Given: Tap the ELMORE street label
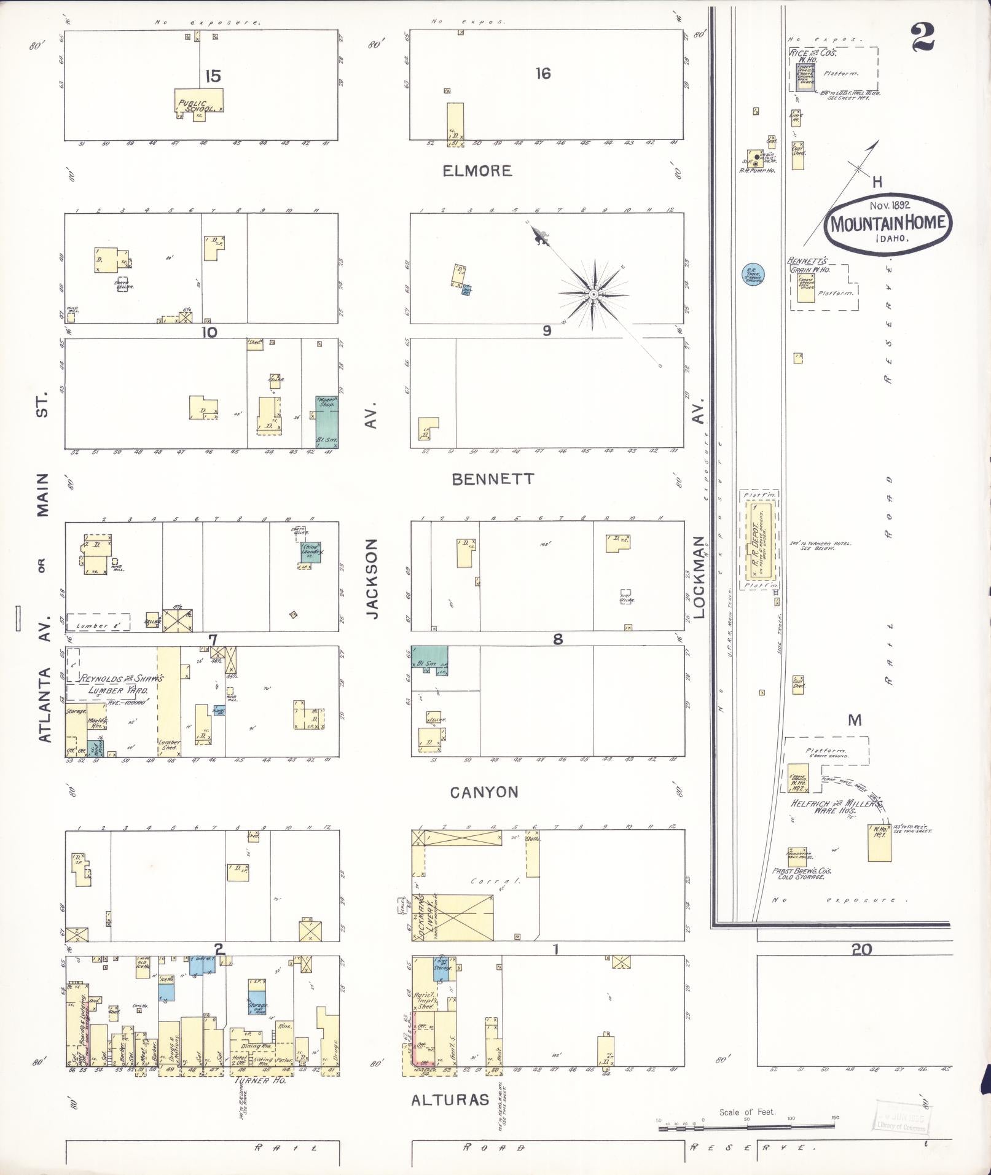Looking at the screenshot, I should tap(477, 171).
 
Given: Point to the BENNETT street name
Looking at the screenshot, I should tap(493, 479).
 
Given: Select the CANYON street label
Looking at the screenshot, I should tap(484, 792).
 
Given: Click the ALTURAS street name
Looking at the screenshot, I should tap(450, 1100).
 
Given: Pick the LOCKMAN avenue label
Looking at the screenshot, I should tap(699, 576).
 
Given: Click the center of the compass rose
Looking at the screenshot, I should tap(593, 295).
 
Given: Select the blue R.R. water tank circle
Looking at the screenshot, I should tap(751, 274).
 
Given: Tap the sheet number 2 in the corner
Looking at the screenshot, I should tap(923, 37).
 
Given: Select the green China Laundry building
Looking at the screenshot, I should tap(311, 552).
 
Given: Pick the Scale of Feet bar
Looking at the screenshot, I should tap(747, 1126).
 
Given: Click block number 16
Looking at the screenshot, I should tap(543, 74).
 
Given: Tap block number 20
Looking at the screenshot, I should tap(861, 949).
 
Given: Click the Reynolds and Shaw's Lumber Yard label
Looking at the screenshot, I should tap(122, 685).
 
